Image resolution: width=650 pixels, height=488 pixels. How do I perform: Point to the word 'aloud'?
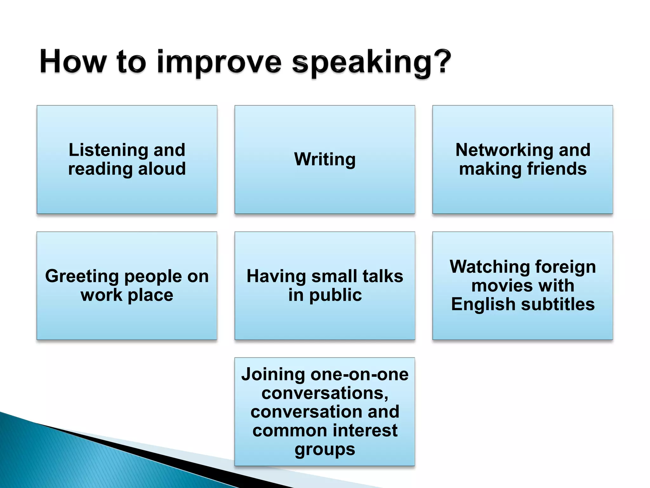point(162,168)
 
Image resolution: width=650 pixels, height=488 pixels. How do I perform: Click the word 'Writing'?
point(325,159)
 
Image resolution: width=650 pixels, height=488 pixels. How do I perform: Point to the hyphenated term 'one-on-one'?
point(360,374)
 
